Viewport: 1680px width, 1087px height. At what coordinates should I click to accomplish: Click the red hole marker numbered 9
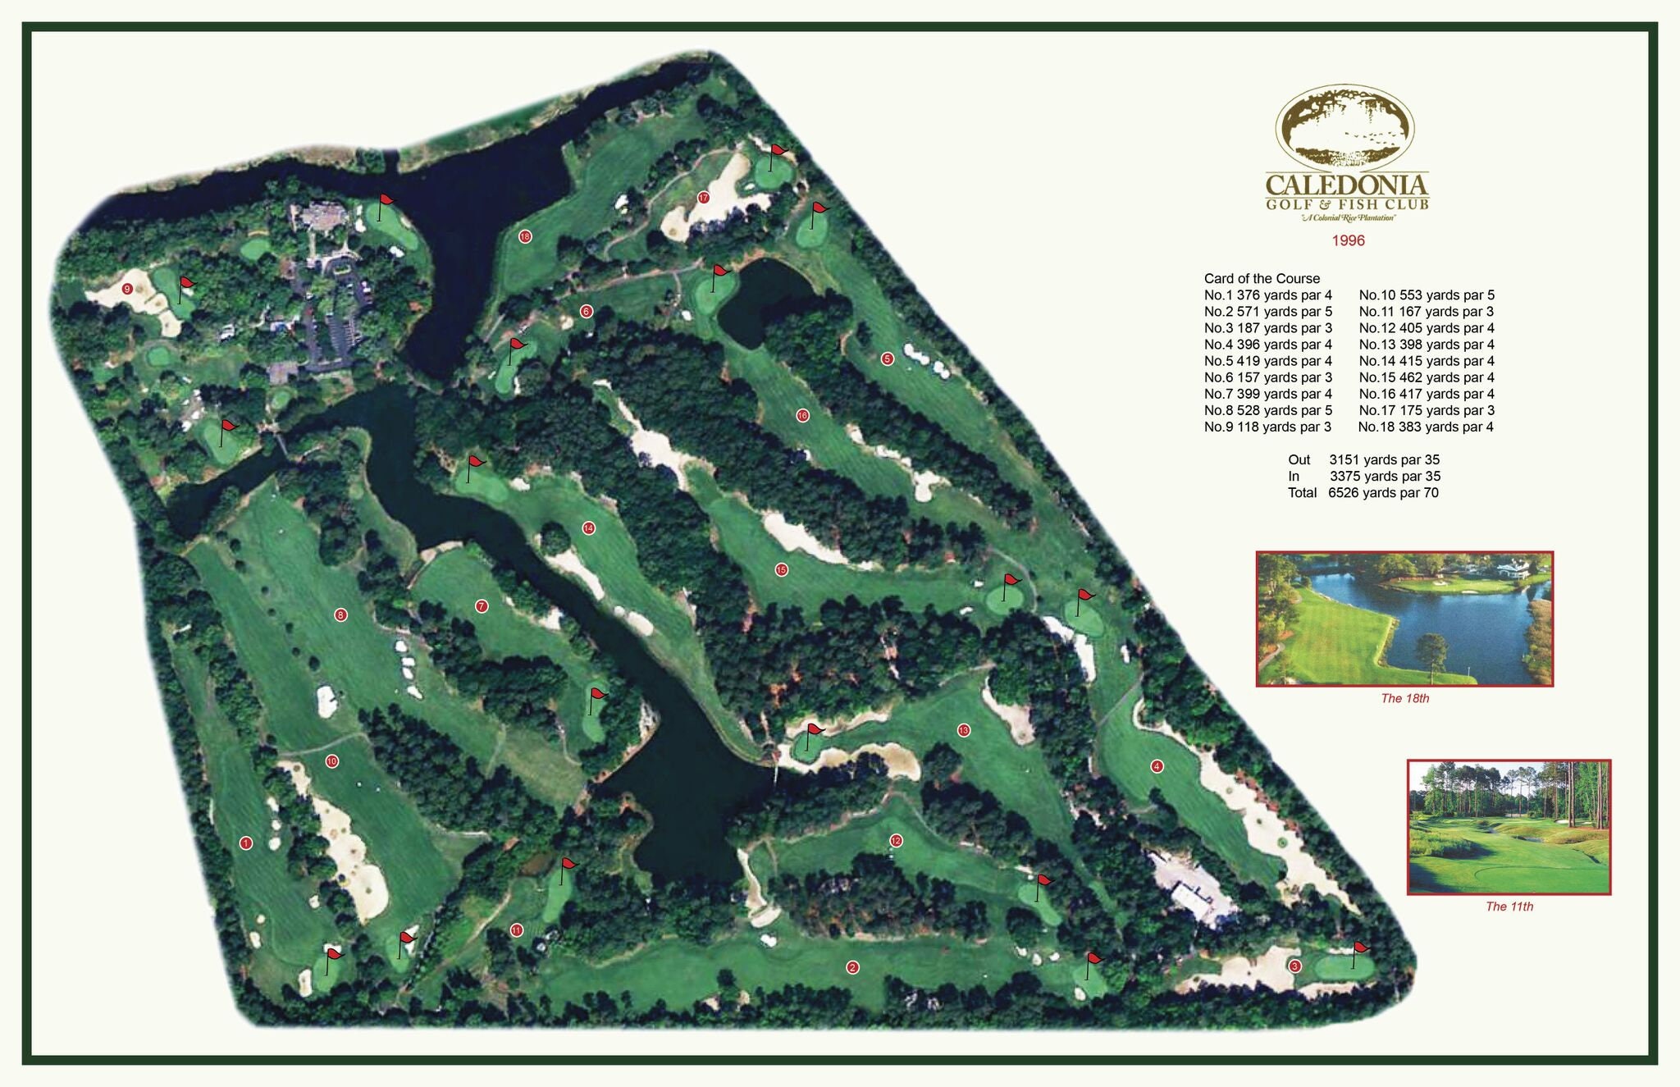[x=127, y=289]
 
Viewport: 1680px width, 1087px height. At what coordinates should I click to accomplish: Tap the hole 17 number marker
[x=703, y=198]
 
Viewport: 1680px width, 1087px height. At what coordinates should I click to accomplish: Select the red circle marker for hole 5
[x=887, y=359]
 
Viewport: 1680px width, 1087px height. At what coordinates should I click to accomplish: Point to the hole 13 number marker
[x=964, y=730]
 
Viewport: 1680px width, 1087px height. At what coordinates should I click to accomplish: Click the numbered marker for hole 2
[x=852, y=967]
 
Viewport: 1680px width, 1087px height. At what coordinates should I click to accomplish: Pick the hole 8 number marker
[x=340, y=614]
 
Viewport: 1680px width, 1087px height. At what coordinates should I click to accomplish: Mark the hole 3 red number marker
[x=1294, y=966]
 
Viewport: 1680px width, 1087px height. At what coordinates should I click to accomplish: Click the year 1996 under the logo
[x=1348, y=240]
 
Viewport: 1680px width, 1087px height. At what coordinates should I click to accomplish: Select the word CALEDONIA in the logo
[x=1347, y=185]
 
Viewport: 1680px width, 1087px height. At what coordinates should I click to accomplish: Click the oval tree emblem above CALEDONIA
[x=1344, y=127]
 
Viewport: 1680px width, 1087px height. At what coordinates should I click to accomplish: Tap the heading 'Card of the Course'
[x=1262, y=278]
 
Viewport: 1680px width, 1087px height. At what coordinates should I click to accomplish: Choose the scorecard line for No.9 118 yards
[x=1267, y=427]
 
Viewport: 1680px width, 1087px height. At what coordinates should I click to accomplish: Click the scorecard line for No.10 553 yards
[x=1427, y=295]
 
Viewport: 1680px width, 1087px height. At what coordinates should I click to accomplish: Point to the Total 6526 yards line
[x=1363, y=492]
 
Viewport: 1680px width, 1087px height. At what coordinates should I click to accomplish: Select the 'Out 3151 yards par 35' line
[x=1363, y=459]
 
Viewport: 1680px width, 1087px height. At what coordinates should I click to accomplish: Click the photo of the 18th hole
[x=1404, y=619]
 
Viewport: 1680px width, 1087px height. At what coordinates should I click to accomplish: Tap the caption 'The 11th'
[x=1509, y=907]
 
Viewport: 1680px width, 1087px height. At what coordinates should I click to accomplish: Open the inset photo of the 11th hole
[x=1509, y=827]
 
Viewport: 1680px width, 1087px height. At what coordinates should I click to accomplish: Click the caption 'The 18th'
[x=1404, y=698]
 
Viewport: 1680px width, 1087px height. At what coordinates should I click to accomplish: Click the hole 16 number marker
[x=802, y=415]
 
